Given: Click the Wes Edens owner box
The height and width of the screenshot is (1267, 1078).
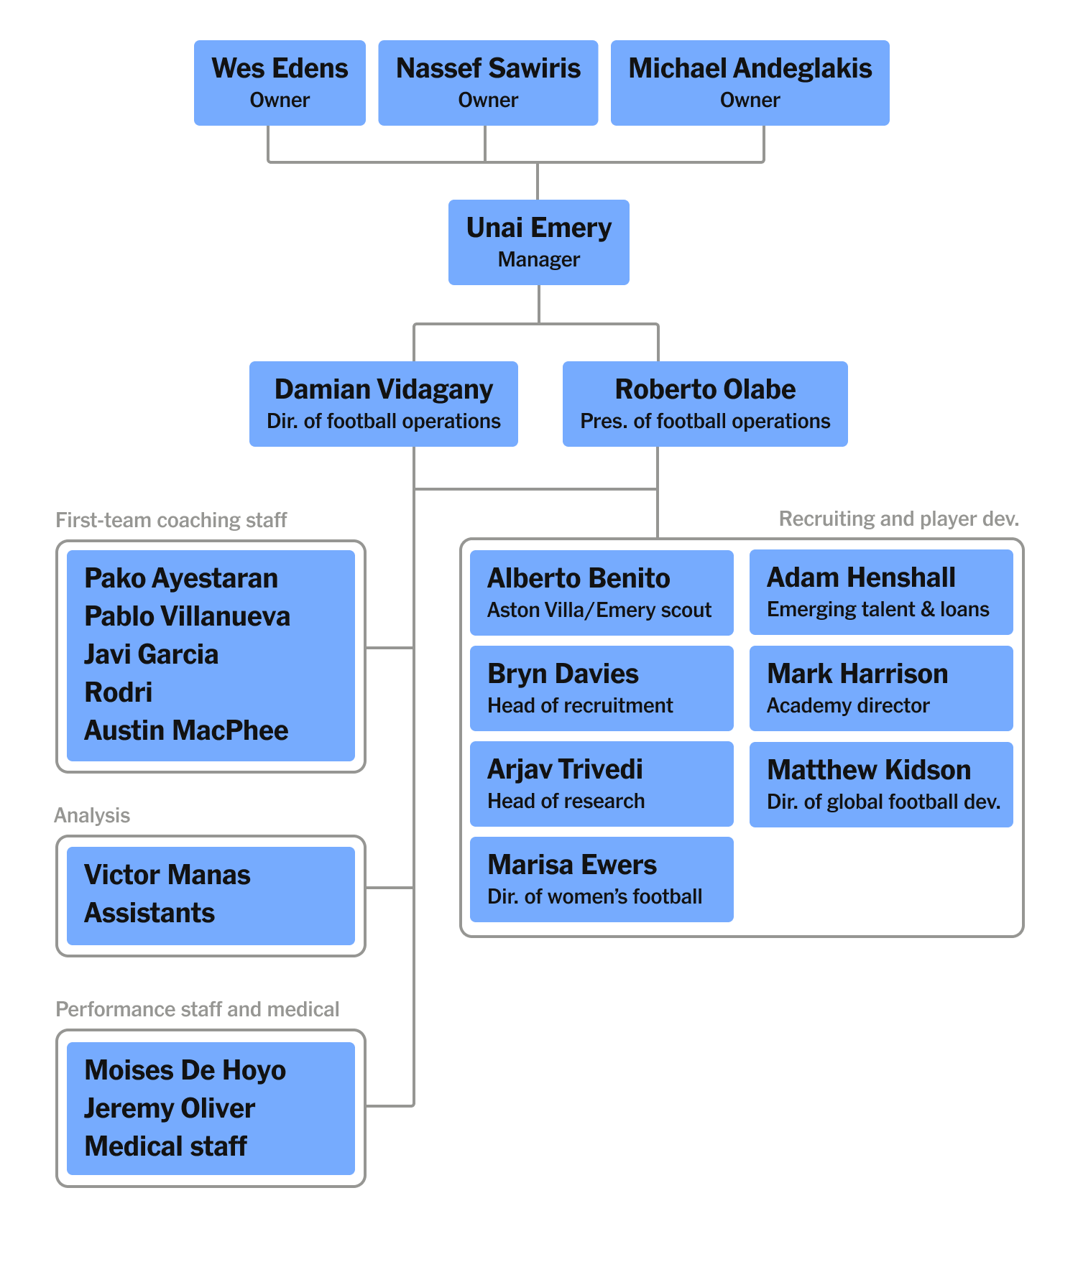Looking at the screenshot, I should [x=280, y=83].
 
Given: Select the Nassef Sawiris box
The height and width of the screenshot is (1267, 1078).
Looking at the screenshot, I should [x=488, y=83].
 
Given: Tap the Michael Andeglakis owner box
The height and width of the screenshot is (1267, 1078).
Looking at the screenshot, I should [x=750, y=83].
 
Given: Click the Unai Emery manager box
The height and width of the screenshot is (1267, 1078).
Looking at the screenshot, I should [x=538, y=242].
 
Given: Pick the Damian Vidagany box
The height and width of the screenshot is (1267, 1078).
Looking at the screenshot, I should [x=383, y=404].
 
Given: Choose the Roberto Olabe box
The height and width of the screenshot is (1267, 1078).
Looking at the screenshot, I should [x=705, y=404].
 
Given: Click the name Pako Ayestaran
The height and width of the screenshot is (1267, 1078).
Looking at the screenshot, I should [x=181, y=578].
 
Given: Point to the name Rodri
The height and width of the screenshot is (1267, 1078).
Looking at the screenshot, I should [x=119, y=692].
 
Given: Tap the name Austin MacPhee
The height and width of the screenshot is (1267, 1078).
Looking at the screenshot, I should [x=186, y=730].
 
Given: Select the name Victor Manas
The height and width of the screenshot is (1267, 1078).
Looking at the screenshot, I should [x=167, y=875].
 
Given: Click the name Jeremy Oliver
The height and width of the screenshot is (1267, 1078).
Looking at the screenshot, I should [x=170, y=1108].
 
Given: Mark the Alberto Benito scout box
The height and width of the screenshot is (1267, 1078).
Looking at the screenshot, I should [x=602, y=593].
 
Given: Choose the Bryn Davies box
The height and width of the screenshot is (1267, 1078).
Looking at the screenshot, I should [x=602, y=688].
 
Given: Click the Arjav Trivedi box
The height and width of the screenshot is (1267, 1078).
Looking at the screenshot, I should [x=602, y=784].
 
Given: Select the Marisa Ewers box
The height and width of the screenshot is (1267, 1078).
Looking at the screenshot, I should [x=602, y=879].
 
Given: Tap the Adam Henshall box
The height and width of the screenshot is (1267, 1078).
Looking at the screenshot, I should [x=881, y=592].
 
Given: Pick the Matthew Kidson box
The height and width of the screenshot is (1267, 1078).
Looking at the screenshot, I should [x=881, y=784].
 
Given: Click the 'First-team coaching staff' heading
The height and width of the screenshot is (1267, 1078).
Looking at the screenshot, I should [x=171, y=520].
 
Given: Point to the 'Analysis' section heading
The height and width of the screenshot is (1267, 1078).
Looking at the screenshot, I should [x=92, y=815].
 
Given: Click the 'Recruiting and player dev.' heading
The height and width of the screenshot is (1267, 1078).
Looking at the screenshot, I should [x=898, y=519].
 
